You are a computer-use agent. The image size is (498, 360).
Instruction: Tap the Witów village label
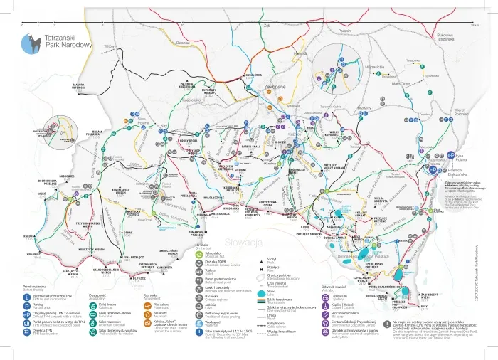(x=109, y=46)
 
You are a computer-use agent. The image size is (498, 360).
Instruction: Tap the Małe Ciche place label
(x=401, y=83)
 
